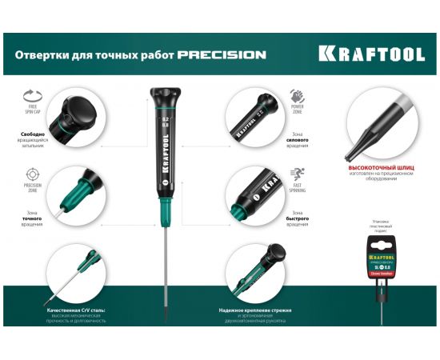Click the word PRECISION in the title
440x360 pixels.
222,55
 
